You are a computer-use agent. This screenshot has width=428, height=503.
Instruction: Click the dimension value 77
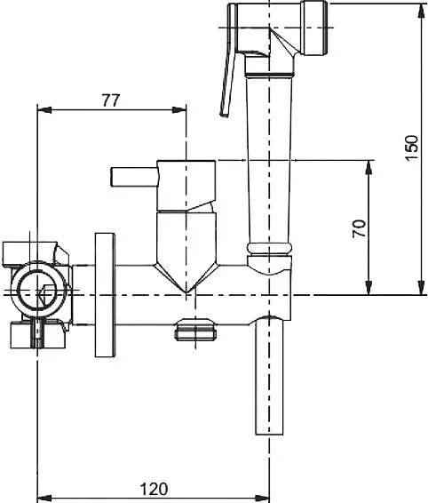point(111,100)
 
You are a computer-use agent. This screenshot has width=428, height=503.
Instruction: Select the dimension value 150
point(412,148)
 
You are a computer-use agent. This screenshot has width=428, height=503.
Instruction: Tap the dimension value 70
point(359,228)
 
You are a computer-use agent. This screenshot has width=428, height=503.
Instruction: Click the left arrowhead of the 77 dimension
point(44,110)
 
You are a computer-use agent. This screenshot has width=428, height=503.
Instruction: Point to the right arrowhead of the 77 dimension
point(178,110)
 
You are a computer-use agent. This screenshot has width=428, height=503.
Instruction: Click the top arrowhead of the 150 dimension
point(421,11)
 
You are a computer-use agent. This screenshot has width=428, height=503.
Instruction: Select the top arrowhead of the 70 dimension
point(369,167)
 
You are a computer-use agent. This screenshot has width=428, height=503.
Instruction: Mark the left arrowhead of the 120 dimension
point(44,499)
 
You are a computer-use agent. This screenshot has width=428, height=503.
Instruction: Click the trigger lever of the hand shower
point(228,61)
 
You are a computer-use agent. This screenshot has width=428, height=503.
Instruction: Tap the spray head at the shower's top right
point(315,28)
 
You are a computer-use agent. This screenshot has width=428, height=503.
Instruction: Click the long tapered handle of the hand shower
point(269,160)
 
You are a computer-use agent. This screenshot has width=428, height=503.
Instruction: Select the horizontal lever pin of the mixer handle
point(134,177)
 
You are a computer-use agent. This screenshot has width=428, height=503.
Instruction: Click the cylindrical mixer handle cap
point(186,186)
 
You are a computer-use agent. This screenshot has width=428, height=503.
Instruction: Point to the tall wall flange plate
point(105,295)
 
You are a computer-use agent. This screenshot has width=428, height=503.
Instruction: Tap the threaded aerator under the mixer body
point(195,329)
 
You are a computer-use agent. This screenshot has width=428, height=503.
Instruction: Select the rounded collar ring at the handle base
point(269,248)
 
